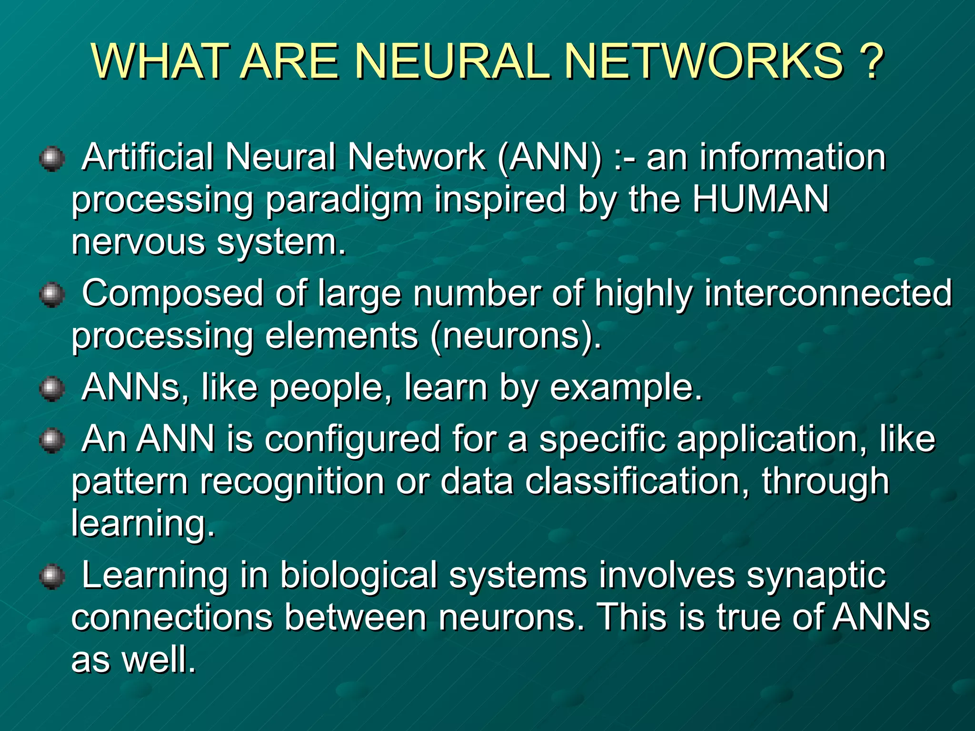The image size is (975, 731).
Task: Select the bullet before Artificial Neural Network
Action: pos(52,158)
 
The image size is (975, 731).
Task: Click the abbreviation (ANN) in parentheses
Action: pos(550,157)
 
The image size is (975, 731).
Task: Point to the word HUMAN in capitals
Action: pos(761,199)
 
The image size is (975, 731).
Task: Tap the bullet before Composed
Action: pos(52,295)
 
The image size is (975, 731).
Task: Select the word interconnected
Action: pos(828,293)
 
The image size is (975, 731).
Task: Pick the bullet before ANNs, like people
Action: pos(52,389)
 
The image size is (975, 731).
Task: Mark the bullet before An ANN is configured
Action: pos(52,440)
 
